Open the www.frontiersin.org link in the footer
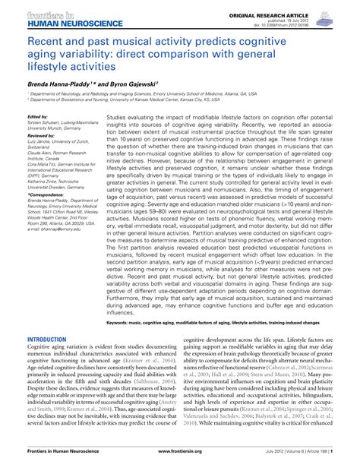pos(180,463)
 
